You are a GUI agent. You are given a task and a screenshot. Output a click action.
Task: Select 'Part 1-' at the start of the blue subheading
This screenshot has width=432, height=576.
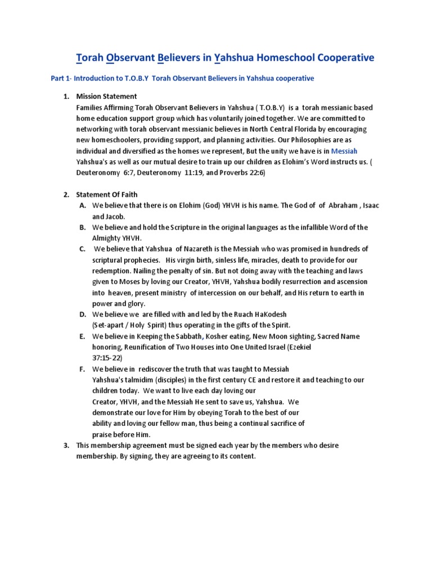point(62,79)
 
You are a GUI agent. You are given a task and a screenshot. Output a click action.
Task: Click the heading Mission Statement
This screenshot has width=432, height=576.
point(106,97)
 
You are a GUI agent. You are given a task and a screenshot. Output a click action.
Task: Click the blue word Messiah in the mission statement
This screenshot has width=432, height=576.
point(344,151)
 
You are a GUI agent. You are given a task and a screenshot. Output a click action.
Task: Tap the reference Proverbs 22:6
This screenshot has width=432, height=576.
point(236,173)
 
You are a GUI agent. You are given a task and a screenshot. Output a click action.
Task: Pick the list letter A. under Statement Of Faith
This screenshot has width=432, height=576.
point(82,206)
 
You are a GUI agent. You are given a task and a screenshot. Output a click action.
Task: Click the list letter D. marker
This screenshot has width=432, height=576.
point(82,314)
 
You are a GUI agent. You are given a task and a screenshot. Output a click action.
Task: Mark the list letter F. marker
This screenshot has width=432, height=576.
point(82,369)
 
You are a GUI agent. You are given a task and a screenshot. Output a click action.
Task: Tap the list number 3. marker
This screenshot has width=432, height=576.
point(66,445)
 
